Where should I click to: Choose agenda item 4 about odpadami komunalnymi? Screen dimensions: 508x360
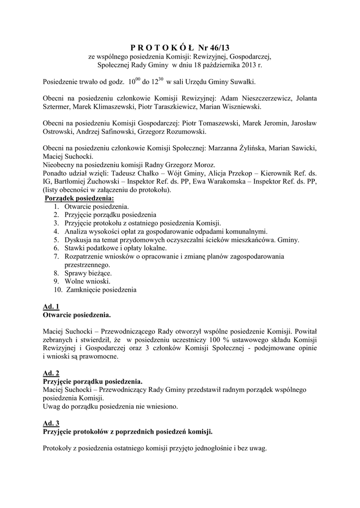click(166, 231)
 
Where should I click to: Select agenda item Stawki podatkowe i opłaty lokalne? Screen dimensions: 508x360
click(116, 248)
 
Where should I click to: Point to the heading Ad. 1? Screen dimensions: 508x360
click(51, 306)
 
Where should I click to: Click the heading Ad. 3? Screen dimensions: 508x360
click(51, 423)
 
